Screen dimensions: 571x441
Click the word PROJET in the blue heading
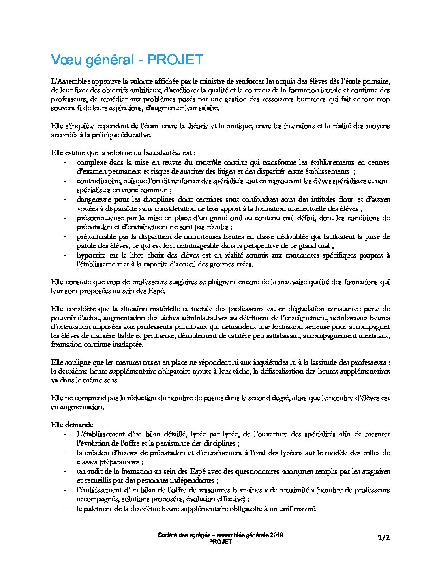click(x=175, y=60)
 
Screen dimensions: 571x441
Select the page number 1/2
click(x=383, y=538)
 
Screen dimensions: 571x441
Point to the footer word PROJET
click(x=220, y=542)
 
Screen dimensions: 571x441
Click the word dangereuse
click(x=94, y=199)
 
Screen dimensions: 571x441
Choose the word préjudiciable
click(x=97, y=236)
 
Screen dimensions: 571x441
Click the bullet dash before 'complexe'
click(x=65, y=163)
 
